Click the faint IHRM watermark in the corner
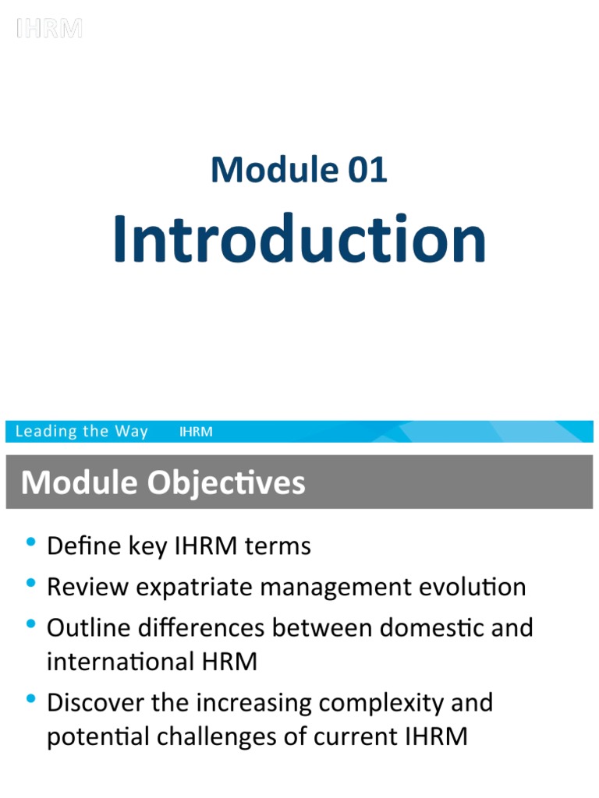click(49, 28)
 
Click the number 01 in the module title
click(367, 169)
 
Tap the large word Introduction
click(299, 238)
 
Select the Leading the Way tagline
click(81, 431)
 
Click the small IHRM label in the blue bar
click(196, 432)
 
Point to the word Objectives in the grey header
click(226, 483)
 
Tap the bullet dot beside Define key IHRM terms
click(31, 542)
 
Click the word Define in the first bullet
click(84, 546)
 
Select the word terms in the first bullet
click(278, 546)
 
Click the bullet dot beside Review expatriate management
click(31, 583)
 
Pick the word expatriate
click(194, 588)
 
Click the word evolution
click(472, 587)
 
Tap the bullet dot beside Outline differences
click(31, 623)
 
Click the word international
click(120, 662)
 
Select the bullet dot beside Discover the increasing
click(31, 698)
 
